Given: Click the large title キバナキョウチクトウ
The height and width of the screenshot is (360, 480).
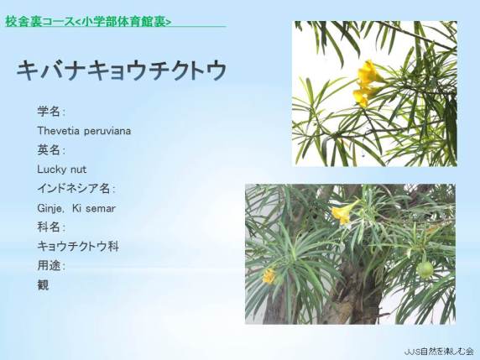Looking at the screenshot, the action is (122, 70).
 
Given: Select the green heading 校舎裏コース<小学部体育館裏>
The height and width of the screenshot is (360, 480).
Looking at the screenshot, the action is (88, 22).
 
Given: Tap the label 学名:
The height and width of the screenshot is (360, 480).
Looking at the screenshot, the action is (51, 112).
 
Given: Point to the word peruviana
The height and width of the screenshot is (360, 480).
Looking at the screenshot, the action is (107, 132).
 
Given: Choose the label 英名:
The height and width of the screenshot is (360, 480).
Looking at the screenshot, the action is (51, 150).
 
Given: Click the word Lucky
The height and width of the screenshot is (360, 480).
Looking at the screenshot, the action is (52, 170).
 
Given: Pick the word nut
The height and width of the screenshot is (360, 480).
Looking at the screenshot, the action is (79, 170).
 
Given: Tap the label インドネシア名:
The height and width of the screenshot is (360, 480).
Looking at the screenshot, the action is (76, 189).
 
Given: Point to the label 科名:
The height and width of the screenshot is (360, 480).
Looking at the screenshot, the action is (51, 227).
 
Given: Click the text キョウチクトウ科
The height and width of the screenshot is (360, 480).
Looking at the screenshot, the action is (78, 247).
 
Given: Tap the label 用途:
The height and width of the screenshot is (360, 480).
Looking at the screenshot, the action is (51, 266).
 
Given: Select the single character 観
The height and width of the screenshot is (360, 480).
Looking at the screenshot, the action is (43, 285).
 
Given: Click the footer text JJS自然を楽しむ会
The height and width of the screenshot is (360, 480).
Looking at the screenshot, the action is (439, 351).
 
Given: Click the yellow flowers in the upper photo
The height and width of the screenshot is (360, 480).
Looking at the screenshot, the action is (367, 83).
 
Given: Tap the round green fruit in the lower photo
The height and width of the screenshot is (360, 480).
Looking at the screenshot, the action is (425, 270).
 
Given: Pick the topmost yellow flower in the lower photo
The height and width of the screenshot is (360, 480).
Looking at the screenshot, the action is (343, 213).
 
